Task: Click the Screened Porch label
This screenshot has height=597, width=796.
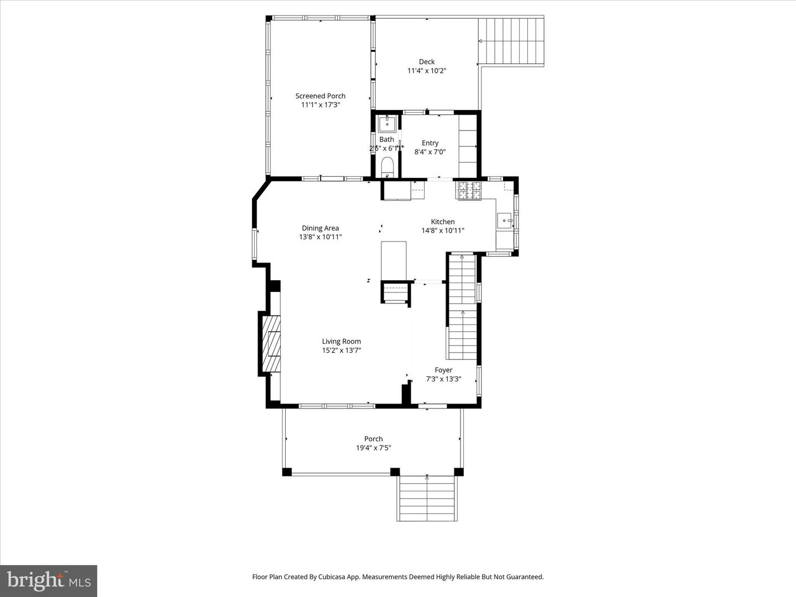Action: click(x=320, y=96)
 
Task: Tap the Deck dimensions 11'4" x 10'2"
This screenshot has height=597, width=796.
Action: click(x=427, y=71)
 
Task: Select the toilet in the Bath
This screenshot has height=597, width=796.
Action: click(x=387, y=166)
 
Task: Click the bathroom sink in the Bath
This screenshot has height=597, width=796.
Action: click(x=387, y=123)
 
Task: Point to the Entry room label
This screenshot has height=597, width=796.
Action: click(x=430, y=143)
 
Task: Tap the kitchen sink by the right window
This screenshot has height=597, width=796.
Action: click(x=505, y=221)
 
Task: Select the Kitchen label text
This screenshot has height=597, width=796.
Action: click(x=443, y=222)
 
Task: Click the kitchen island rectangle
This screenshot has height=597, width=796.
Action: click(x=394, y=260)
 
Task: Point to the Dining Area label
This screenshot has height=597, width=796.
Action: click(x=320, y=228)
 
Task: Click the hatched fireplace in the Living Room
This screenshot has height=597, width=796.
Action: click(x=271, y=344)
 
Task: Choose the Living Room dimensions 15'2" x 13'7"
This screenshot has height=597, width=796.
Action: click(x=342, y=350)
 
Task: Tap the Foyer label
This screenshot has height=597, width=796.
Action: click(x=443, y=370)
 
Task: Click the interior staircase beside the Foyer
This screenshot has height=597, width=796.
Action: click(x=462, y=310)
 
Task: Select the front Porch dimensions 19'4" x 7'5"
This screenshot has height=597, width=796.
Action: click(x=374, y=448)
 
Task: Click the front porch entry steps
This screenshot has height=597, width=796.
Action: click(x=427, y=499)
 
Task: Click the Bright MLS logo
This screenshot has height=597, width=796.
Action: click(x=49, y=580)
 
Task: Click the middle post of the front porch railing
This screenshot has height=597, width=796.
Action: click(x=395, y=472)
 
